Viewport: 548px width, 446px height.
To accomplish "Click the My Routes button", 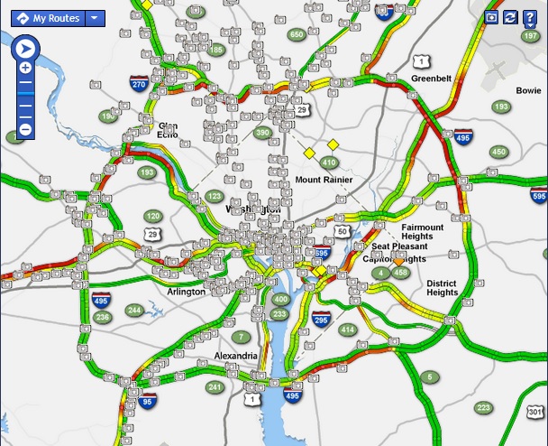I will pos(49,18).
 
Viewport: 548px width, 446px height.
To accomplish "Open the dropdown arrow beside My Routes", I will pos(94,18).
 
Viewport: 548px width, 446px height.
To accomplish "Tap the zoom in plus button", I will pos(25,68).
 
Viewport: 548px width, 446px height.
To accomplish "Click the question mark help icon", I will pos(530,17).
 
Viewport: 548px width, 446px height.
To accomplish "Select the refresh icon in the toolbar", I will pos(510,17).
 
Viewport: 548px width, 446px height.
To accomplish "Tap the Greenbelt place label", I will pos(431,79).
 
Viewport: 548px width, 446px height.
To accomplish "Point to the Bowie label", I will pos(528,90).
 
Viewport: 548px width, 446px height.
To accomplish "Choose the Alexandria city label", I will pos(235,357).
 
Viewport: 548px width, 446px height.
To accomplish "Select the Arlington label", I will pos(187,292).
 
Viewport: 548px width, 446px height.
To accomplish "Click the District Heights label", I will pos(442,288).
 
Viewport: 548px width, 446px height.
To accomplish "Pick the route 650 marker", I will pos(297,35).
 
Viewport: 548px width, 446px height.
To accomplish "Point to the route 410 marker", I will pos(328,163).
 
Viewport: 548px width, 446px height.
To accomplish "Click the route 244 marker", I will pos(134,311).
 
